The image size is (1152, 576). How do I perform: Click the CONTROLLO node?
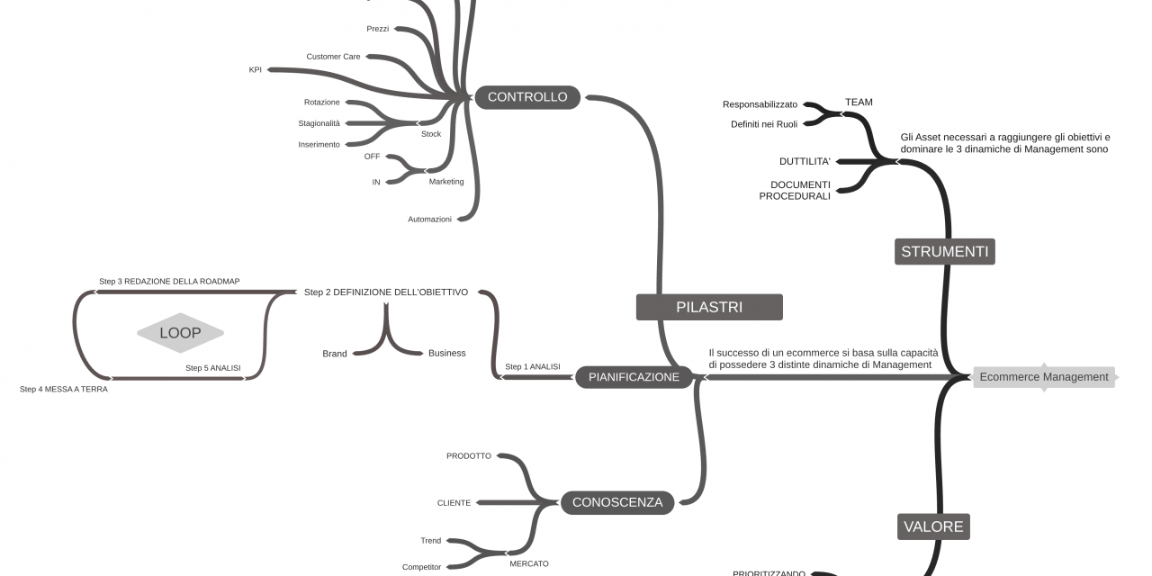point(527,97)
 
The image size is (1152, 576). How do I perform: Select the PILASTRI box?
point(709,307)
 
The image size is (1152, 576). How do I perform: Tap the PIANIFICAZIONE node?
point(634,377)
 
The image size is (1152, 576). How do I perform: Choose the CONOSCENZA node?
point(617,502)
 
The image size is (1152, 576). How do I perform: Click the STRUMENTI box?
point(944,251)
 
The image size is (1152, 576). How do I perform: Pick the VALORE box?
point(933,526)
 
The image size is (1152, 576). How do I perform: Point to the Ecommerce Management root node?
point(1043,377)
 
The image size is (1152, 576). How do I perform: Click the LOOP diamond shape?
point(180,333)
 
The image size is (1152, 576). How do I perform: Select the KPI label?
point(256,69)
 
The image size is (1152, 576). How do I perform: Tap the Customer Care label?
point(333,57)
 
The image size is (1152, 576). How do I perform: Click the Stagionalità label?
point(319,123)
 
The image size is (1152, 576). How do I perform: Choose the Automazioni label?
point(429,220)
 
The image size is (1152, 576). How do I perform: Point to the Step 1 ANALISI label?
point(533,367)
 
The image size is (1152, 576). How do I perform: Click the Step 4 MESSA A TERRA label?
point(64,390)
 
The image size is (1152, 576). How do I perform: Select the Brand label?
point(335,354)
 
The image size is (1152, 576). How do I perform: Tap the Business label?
point(446,354)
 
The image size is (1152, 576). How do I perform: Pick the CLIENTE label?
point(454,503)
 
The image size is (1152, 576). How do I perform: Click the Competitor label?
point(421,567)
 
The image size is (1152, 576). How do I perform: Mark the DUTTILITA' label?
point(805,162)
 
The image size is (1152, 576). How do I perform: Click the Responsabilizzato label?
point(760,104)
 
